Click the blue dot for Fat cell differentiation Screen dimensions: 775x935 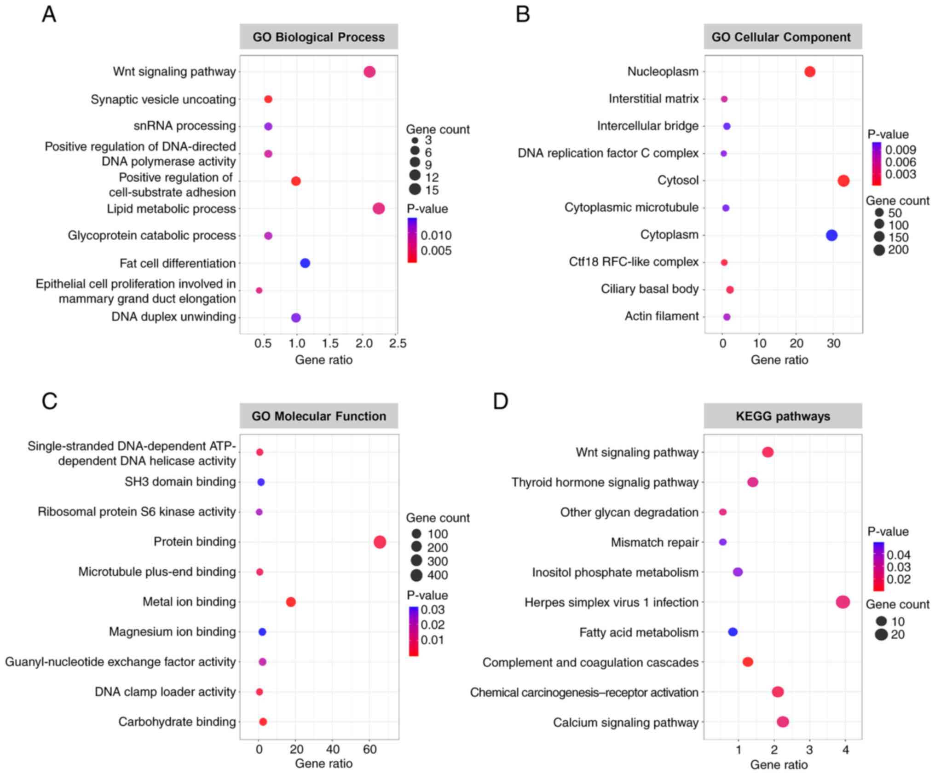(305, 263)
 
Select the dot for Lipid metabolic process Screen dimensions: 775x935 (378, 208)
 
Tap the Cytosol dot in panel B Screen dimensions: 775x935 (843, 181)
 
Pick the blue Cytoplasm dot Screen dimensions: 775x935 (831, 235)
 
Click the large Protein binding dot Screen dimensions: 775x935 (380, 542)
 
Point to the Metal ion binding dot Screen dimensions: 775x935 (290, 602)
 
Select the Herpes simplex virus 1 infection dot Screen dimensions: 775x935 (843, 602)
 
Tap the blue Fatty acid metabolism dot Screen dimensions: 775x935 (733, 632)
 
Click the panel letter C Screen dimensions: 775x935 (50, 401)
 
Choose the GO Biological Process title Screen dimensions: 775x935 (318, 37)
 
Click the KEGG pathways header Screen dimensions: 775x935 (783, 416)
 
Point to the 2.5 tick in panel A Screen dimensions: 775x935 (398, 344)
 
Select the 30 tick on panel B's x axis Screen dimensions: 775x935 (833, 344)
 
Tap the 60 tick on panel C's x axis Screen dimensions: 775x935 (369, 750)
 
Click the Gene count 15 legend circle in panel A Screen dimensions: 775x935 (415, 189)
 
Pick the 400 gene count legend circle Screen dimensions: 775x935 (416, 575)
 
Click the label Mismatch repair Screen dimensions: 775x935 (654, 543)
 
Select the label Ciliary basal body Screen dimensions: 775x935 (649, 289)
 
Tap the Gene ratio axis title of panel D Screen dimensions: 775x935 (779, 765)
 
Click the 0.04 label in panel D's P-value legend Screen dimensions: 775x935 (898, 555)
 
